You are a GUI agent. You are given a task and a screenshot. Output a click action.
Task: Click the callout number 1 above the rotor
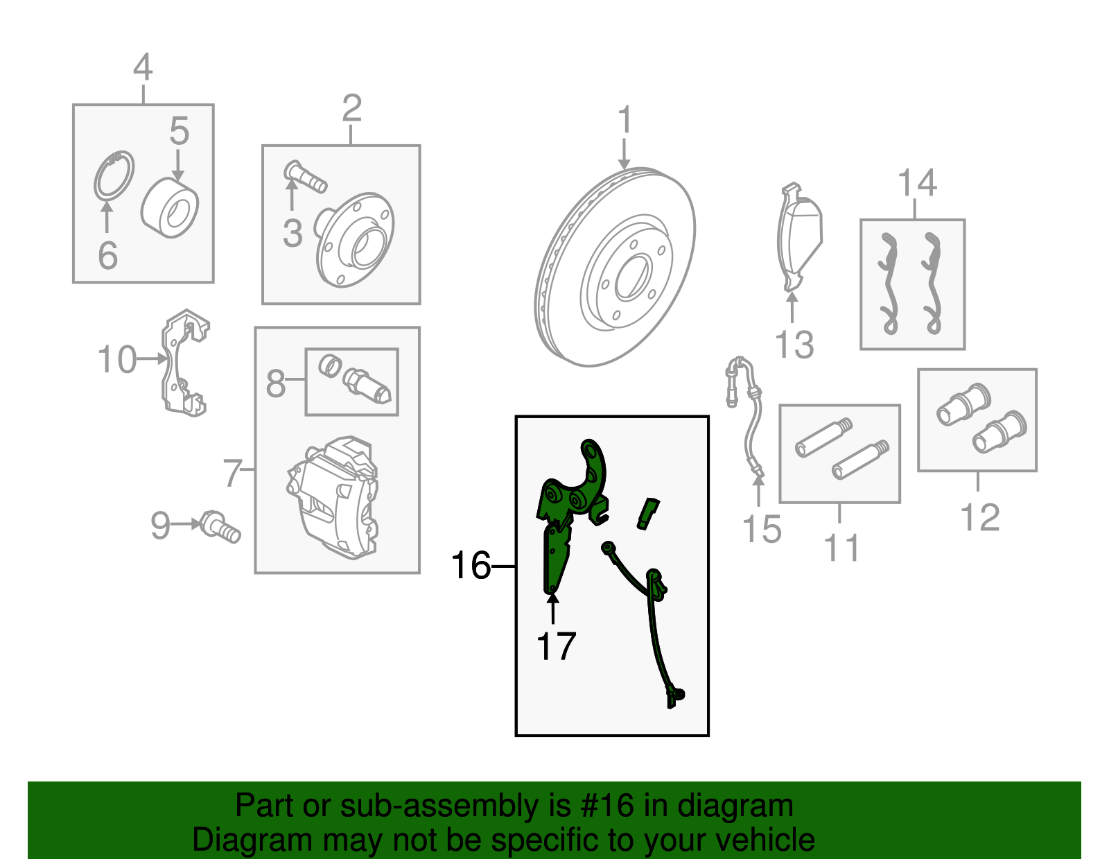pos(625,121)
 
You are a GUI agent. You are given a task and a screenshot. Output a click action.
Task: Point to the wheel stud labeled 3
pos(305,177)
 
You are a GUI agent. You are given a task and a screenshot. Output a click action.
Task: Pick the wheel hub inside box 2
pos(355,240)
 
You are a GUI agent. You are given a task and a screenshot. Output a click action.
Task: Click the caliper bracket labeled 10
pos(185,363)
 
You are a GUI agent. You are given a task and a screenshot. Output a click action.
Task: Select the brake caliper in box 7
pos(333,497)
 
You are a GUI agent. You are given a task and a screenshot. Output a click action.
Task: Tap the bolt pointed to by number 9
pos(220,527)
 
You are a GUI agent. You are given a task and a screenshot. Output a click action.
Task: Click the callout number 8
pos(276,383)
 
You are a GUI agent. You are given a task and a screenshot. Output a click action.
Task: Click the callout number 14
pos(917,182)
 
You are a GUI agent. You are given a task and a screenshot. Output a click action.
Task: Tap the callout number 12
pos(979,517)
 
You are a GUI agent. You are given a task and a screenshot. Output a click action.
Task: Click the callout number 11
pos(841,548)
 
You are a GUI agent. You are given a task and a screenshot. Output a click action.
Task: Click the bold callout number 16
pos(471,565)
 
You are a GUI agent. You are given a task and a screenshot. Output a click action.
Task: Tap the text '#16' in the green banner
pos(606,806)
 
